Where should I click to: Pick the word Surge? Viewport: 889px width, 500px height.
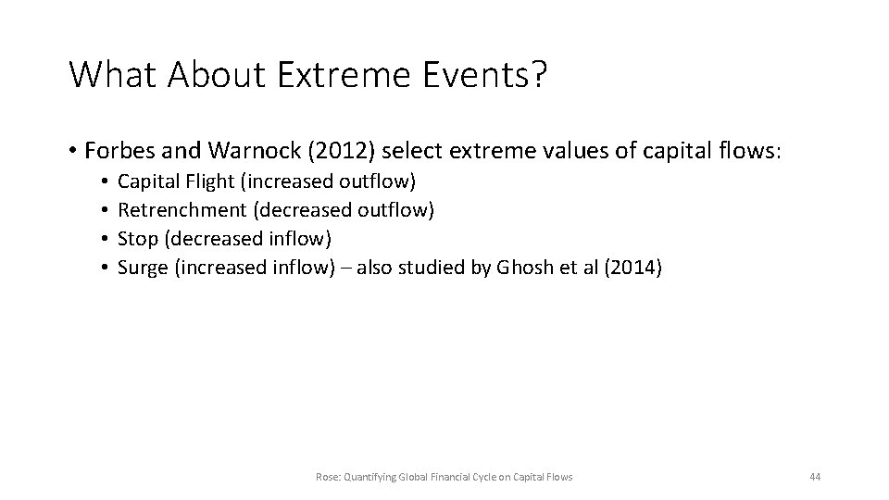tap(142, 268)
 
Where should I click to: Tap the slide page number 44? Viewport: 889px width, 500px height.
tap(814, 477)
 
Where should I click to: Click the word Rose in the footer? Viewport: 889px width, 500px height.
tap(326, 477)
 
